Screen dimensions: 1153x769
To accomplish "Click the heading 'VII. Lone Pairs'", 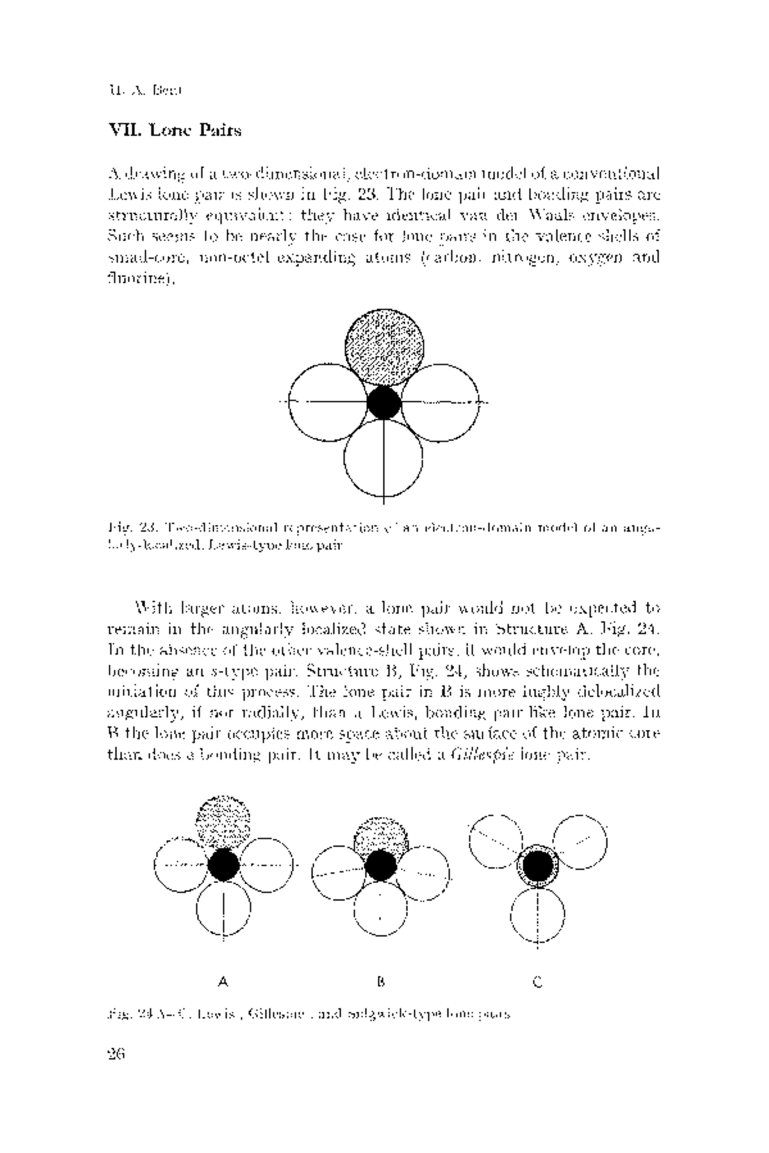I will [x=175, y=131].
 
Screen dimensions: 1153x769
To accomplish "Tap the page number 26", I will [x=116, y=1054].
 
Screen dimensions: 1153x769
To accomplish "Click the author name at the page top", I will [x=145, y=90].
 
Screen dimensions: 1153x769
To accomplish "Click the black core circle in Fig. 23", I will [x=384, y=402].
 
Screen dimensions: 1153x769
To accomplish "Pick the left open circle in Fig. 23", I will [x=327, y=402].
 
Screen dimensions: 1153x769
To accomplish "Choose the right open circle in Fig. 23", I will [x=441, y=402].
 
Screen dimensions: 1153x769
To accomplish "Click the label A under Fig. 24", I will [x=223, y=981].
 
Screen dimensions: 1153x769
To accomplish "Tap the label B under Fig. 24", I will [x=381, y=981].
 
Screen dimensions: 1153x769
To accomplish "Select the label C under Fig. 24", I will [x=538, y=981].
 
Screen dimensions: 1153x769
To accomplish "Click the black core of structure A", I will [x=224, y=865].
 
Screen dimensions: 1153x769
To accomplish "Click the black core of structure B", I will [x=381, y=865].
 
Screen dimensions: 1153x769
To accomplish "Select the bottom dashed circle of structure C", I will [x=538, y=916].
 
